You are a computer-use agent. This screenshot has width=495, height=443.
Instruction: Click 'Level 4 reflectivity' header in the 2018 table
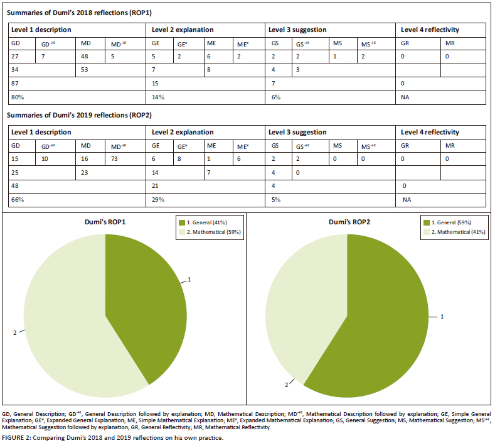(430, 30)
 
